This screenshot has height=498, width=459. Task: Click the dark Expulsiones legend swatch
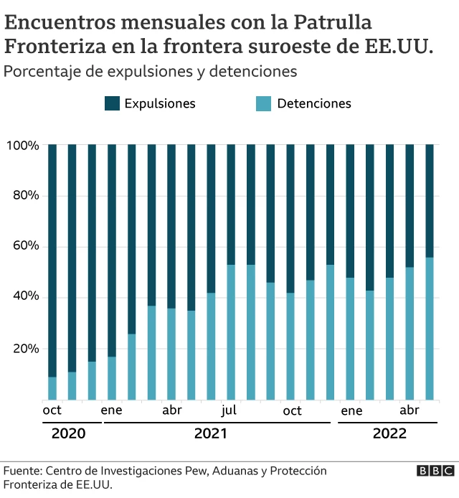[x=112, y=103]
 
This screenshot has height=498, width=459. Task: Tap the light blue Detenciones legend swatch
[x=264, y=103]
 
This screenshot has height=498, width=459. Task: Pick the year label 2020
[x=68, y=434]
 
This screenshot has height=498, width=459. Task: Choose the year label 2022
[x=389, y=434]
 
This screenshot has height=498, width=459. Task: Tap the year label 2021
[x=210, y=434]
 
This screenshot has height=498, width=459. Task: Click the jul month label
[x=229, y=410]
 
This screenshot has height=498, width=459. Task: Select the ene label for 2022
[x=351, y=410]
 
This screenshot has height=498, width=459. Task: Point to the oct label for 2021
[x=292, y=410]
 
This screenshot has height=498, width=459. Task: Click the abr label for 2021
[x=171, y=410]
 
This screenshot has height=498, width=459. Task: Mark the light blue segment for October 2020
[x=52, y=388]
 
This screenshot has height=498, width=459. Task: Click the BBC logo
[x=435, y=471]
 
